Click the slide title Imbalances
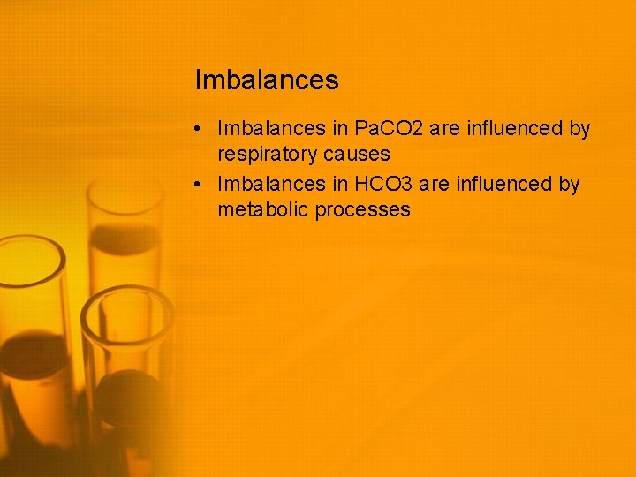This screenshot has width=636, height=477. (x=266, y=80)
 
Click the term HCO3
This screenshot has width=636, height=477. (x=380, y=184)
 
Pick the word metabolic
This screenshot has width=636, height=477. (x=262, y=210)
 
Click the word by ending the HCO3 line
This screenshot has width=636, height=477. (x=569, y=185)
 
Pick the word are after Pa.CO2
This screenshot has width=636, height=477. (x=447, y=129)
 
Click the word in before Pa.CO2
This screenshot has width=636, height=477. (x=341, y=129)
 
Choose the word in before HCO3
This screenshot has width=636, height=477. (x=341, y=184)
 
